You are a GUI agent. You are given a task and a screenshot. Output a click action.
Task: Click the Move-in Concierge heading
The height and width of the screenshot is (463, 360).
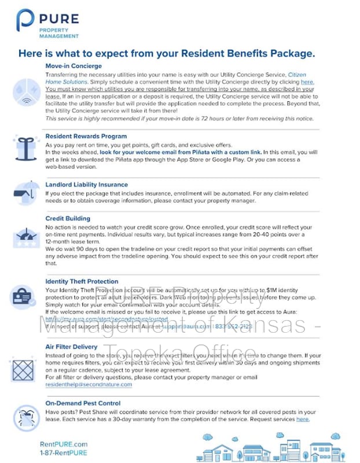[74, 66]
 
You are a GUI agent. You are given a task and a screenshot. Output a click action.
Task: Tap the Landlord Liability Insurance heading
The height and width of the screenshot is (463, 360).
[87, 185]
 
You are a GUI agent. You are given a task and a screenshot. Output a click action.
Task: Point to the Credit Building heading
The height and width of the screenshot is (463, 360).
[68, 218]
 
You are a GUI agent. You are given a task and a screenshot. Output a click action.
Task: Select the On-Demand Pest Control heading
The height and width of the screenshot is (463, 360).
[83, 403]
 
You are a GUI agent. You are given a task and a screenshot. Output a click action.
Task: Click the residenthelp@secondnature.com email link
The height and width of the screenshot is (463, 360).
[89, 384]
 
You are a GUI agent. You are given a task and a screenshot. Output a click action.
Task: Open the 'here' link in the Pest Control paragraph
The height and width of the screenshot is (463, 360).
[302, 419]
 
